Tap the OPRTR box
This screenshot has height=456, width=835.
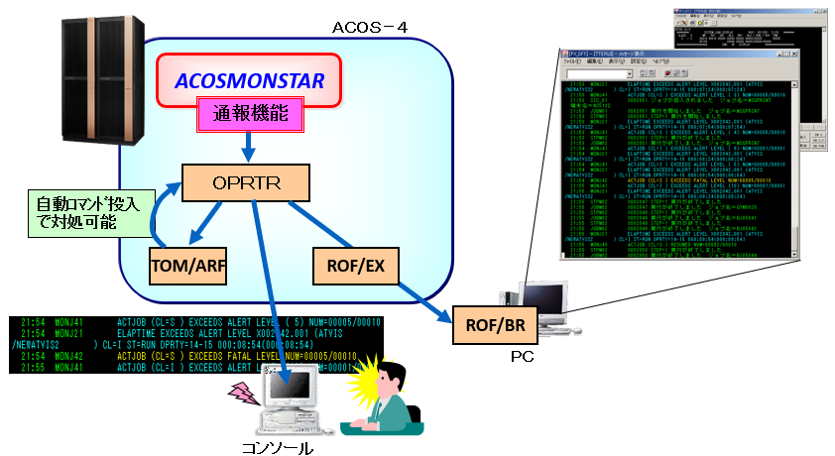(247, 183)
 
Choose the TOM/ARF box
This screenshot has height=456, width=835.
(189, 266)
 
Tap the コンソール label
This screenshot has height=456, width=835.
(278, 448)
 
